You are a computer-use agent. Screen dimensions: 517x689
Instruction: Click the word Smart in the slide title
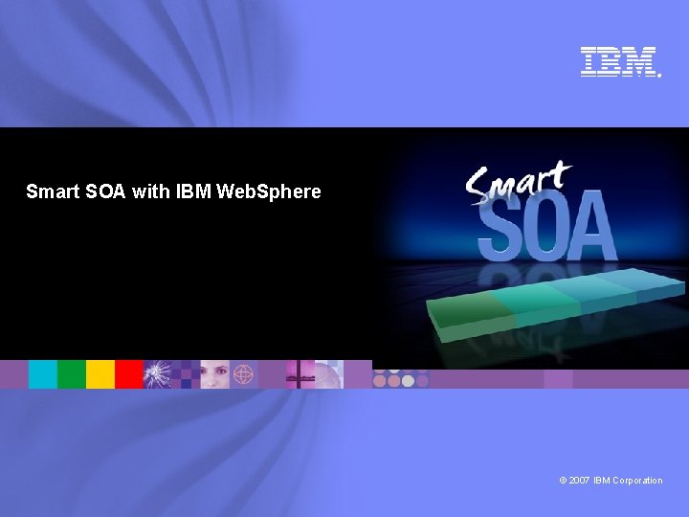click(x=47, y=191)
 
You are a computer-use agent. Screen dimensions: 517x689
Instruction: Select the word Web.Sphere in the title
click(x=270, y=191)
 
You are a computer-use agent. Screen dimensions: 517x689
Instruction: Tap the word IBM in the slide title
click(x=194, y=191)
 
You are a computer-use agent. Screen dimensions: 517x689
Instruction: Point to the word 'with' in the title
click(x=151, y=191)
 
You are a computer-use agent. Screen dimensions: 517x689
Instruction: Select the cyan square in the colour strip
click(x=42, y=374)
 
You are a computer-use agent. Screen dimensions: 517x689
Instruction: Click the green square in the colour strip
click(x=71, y=374)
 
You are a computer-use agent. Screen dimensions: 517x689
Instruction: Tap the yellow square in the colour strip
click(x=100, y=374)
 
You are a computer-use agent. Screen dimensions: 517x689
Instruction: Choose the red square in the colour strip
click(x=128, y=374)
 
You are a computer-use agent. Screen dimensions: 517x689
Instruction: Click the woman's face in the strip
click(x=215, y=374)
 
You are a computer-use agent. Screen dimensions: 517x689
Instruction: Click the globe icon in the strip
click(x=244, y=374)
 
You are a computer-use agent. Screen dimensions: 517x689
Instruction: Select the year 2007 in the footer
click(x=580, y=481)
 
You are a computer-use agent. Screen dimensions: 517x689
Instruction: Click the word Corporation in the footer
click(x=637, y=481)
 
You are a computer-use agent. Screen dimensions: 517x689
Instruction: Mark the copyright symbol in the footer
click(x=564, y=481)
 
